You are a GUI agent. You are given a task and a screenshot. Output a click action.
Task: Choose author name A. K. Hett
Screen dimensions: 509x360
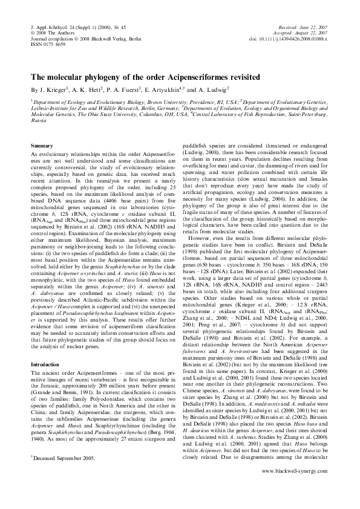(x=87, y=89)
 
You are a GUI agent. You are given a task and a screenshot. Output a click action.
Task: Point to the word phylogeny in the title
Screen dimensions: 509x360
(x=93, y=78)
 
